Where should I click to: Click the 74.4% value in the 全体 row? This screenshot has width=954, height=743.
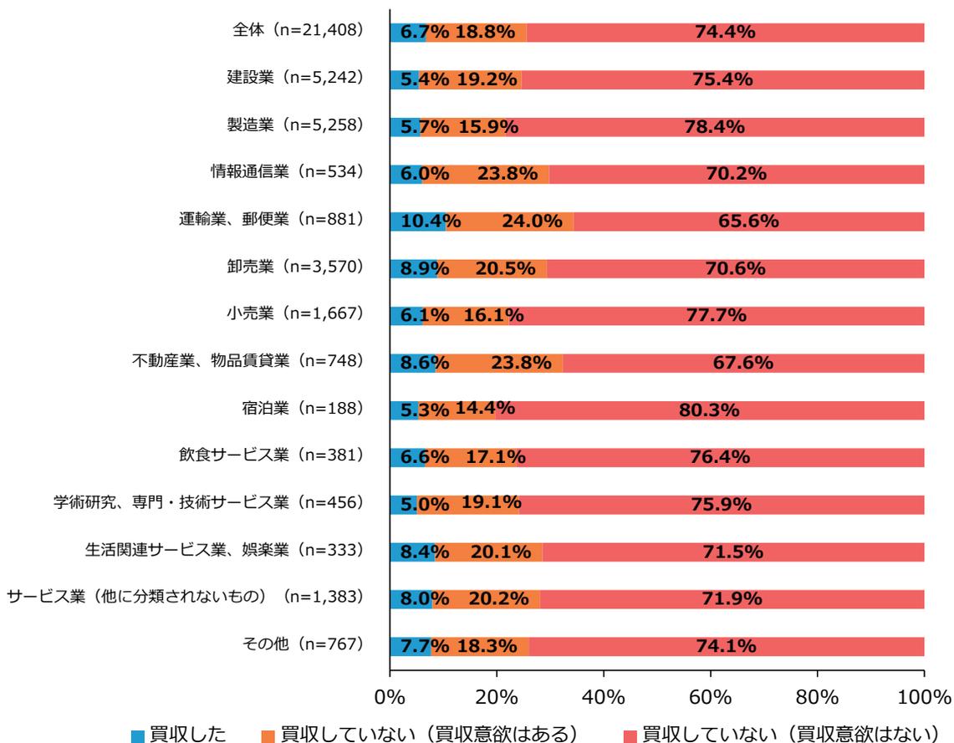pyautogui.click(x=725, y=33)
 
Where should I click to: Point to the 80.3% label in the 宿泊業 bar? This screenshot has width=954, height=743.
pyautogui.click(x=710, y=410)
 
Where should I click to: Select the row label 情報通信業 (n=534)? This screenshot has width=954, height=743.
pyautogui.click(x=284, y=174)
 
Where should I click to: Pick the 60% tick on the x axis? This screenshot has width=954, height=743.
pyautogui.click(x=710, y=697)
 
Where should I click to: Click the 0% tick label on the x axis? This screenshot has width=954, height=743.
pyautogui.click(x=390, y=697)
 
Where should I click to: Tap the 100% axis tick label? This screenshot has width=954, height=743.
pyautogui.click(x=924, y=697)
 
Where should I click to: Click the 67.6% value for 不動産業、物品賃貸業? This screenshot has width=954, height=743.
pyautogui.click(x=743, y=363)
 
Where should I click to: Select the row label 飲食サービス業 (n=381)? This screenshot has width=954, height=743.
pyautogui.click(x=265, y=457)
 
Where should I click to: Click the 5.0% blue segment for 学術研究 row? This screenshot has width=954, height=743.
pyautogui.click(x=403, y=505)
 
